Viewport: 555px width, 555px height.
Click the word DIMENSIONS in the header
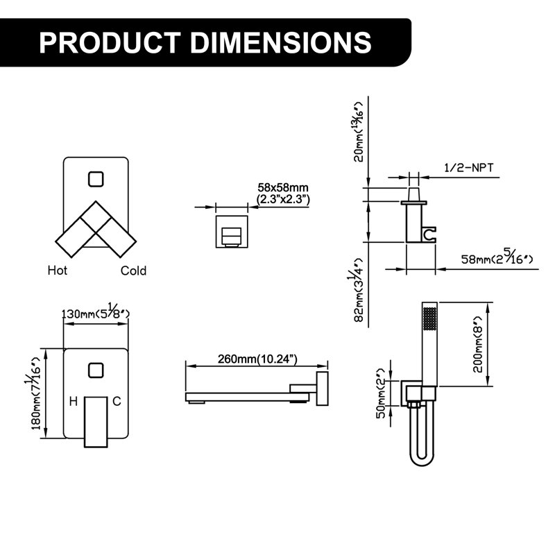pyautogui.click(x=281, y=43)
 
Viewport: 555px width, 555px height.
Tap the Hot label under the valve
pyautogui.click(x=58, y=271)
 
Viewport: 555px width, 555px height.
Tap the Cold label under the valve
pyautogui.click(x=133, y=271)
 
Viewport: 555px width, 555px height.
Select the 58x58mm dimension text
pyautogui.click(x=283, y=187)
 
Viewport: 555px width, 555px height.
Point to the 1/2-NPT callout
pyautogui.click(x=469, y=167)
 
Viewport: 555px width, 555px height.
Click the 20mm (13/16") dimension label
pyautogui.click(x=359, y=132)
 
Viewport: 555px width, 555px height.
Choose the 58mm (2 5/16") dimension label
pyautogui.click(x=497, y=258)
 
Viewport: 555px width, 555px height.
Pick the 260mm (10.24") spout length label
pyautogui.click(x=257, y=359)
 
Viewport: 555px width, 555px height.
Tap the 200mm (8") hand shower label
pyautogui.click(x=478, y=344)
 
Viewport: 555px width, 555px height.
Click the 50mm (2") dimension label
pyautogui.click(x=381, y=393)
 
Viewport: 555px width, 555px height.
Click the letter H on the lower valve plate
pyautogui.click(x=74, y=402)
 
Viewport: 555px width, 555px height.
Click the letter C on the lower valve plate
pyautogui.click(x=117, y=402)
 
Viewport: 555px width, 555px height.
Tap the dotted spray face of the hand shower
pyautogui.click(x=429, y=318)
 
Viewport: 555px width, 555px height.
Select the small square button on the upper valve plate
pyautogui.click(x=96, y=179)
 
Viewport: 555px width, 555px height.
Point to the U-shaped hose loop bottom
pyautogui.click(x=422, y=460)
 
